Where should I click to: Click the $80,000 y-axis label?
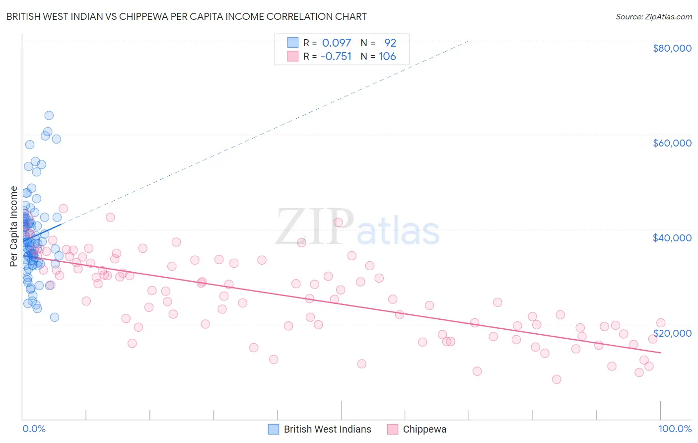(672, 48)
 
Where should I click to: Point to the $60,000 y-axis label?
(672, 143)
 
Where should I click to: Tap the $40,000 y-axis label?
(672, 238)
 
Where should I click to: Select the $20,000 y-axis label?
(672, 333)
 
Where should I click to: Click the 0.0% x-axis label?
(34, 429)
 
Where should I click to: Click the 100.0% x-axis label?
(675, 429)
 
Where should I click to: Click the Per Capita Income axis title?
(14, 226)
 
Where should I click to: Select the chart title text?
(186, 16)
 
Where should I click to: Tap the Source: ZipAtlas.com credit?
(653, 17)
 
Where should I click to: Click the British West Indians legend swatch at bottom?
(274, 429)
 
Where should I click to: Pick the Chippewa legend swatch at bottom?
(393, 429)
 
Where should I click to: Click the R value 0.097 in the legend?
(336, 43)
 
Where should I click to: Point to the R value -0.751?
(336, 56)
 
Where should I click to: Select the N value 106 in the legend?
(387, 56)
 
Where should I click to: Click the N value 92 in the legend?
(390, 43)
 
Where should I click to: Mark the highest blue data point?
(49, 115)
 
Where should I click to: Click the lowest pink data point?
(557, 379)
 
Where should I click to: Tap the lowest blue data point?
(55, 317)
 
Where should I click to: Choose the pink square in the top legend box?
(293, 56)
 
